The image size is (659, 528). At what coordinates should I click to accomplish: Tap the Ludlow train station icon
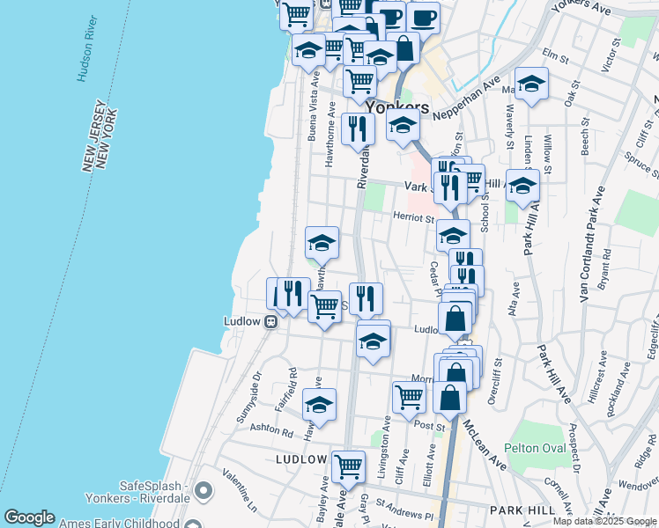tap(271, 321)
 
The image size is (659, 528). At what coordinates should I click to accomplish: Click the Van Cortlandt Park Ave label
tap(590, 246)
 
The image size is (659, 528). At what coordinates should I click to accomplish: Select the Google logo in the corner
tap(29, 517)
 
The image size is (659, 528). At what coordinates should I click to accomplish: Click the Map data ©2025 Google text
tap(605, 521)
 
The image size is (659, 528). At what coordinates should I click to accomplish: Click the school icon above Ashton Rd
tap(320, 406)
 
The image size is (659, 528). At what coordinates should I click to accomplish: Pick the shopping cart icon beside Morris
tap(409, 397)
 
